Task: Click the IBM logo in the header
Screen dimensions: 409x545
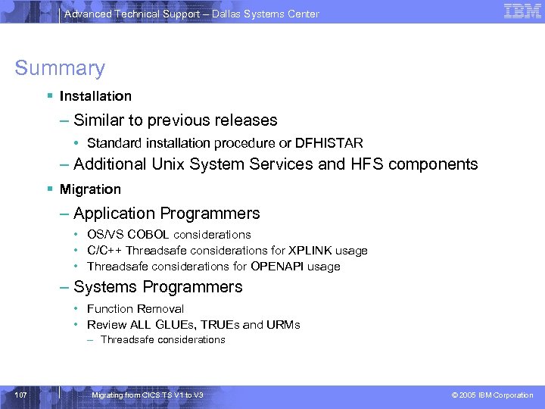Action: [522, 11]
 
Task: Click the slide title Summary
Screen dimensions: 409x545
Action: [60, 68]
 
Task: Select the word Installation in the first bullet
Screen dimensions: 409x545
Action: [95, 96]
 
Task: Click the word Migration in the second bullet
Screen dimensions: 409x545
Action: [90, 189]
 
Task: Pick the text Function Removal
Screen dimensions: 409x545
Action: [135, 309]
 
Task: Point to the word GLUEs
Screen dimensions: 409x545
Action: [175, 325]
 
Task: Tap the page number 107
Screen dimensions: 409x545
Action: [20, 395]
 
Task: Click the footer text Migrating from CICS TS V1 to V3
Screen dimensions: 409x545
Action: [147, 395]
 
